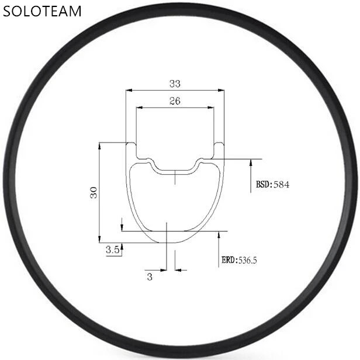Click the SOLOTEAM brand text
point(42,11)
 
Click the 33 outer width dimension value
point(175,84)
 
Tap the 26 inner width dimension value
point(175,101)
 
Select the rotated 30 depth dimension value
point(94,192)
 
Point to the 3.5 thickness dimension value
point(113,250)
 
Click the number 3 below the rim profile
point(150,276)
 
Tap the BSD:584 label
point(272,184)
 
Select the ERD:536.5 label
point(239,260)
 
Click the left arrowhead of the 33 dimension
point(129,91)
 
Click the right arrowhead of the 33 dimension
point(221,91)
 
